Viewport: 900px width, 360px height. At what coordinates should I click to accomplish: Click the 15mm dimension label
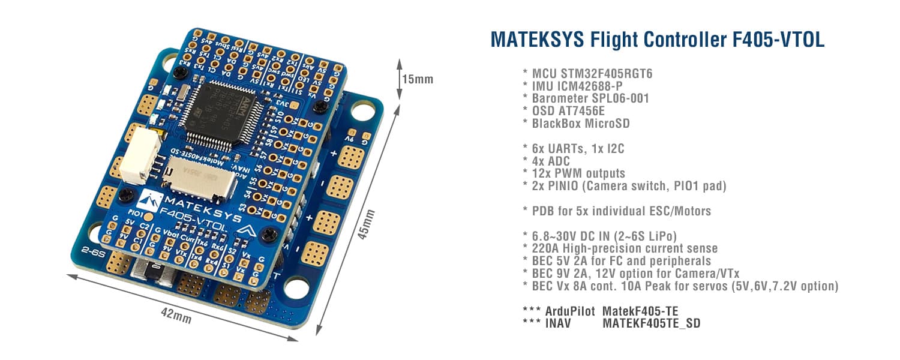tap(418, 79)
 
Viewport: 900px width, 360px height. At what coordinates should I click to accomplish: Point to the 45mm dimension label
tap(368, 224)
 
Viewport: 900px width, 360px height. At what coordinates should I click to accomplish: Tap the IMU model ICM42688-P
tap(602, 86)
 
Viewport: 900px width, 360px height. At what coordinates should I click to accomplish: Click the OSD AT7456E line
tap(567, 110)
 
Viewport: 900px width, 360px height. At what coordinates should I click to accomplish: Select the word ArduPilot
tap(569, 311)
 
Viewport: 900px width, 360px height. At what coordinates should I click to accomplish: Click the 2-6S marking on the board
tap(85, 252)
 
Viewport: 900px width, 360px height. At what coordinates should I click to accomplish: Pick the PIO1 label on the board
tap(134, 213)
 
